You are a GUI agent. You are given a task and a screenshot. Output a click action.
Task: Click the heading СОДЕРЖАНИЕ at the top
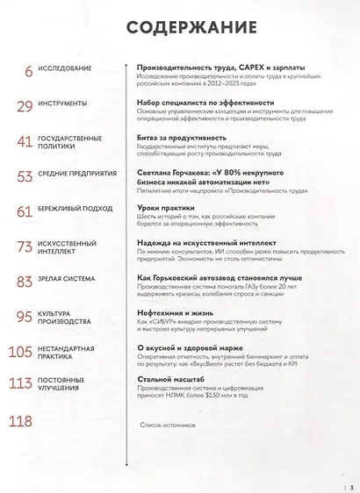tap(180, 28)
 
